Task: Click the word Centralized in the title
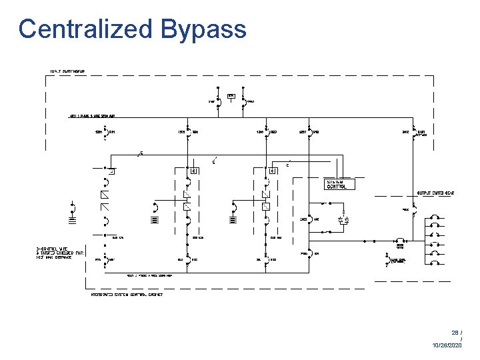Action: coord(85,29)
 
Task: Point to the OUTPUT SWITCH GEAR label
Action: coord(436,193)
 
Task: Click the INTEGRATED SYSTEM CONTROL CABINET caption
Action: coord(126,294)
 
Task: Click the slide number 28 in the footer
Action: coord(455,331)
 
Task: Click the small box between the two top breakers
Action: coord(231,96)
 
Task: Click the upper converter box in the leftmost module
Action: coord(104,194)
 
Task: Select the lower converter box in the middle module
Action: coord(187,207)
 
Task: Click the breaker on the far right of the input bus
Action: coord(414,131)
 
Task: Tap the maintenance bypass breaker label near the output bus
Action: coord(399,261)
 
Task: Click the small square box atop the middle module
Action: coord(193,171)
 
